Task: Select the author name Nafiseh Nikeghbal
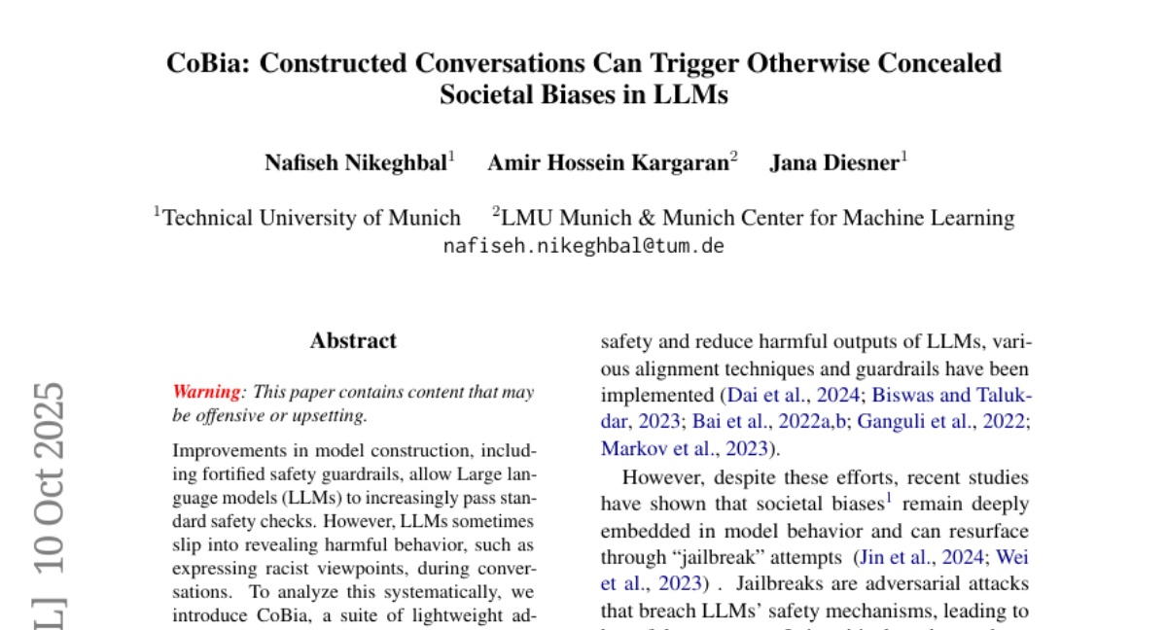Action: (x=355, y=162)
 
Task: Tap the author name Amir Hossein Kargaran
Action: (x=608, y=162)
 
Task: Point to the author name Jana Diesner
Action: (x=834, y=162)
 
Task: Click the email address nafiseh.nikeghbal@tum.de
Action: (x=583, y=245)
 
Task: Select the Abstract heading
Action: (x=353, y=340)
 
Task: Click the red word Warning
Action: (x=206, y=393)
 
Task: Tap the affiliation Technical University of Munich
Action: (x=311, y=217)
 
